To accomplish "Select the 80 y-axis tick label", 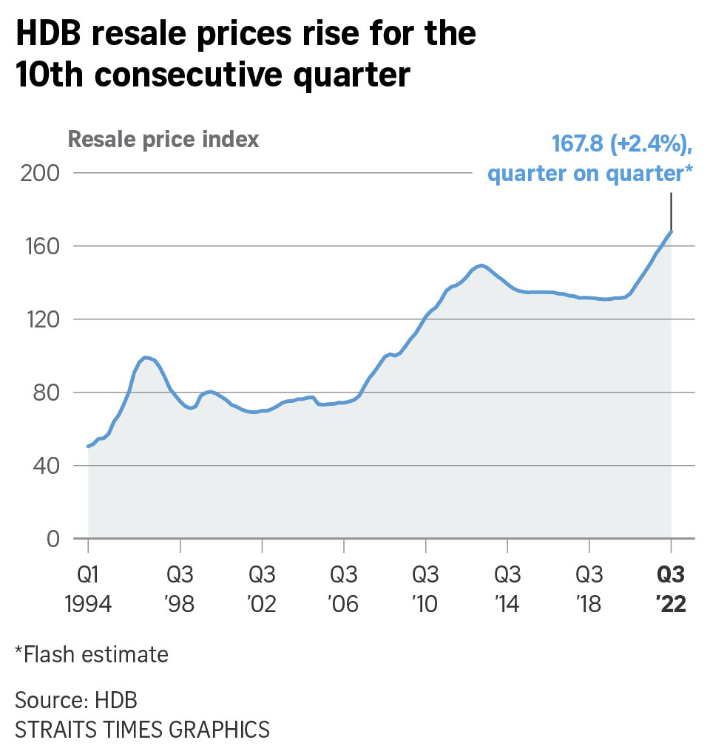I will pos(43,393).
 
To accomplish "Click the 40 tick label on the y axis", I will pos(43,466).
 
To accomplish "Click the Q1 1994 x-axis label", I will pos(88,589).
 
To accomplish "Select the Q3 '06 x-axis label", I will pos(343,589).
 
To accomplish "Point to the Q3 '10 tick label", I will pos(425,589).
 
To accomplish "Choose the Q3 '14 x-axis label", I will pos(507,589).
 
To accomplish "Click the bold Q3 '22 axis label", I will pos(672,589).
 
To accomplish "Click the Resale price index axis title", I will pos(163,139).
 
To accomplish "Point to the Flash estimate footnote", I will pos(91,654).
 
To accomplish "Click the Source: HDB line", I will pos(76,699).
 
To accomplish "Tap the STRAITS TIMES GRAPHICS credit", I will pos(142,730).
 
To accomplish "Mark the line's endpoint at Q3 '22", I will pos(671,231).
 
